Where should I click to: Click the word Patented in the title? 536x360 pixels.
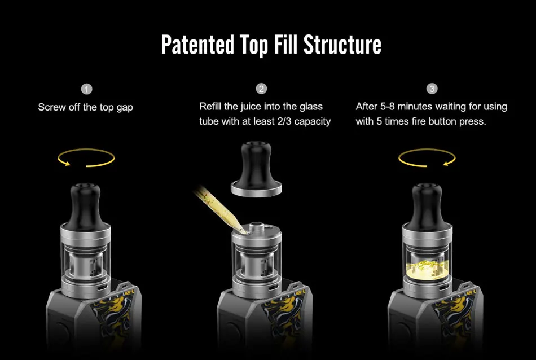click(197, 45)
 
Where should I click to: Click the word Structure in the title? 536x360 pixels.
click(342, 45)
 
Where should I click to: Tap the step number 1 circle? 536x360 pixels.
click(86, 89)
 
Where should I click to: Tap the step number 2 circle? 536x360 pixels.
click(261, 89)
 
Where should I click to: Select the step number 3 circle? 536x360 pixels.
click(432, 89)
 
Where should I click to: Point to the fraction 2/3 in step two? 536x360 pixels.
click(284, 121)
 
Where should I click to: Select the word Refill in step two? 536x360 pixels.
click(210, 106)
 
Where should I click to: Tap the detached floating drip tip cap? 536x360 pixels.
click(256, 170)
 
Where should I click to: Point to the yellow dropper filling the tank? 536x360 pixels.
click(220, 209)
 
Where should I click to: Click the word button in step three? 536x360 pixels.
click(443, 121)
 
